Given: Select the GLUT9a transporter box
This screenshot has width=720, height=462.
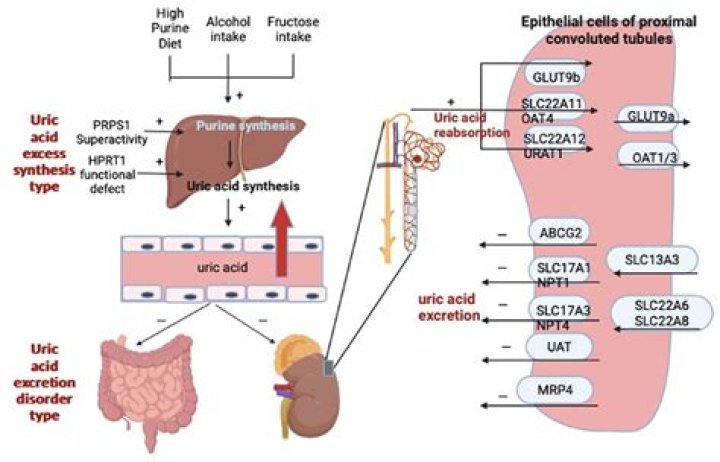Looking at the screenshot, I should (652, 116).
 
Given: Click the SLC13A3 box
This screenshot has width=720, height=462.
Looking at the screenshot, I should (650, 260).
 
